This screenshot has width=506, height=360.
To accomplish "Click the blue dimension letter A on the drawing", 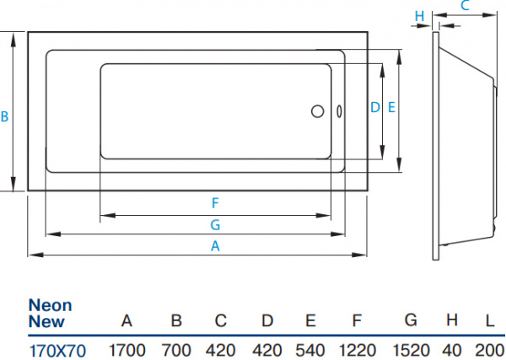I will (x=215, y=247).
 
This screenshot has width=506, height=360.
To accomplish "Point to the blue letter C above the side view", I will (x=464, y=7).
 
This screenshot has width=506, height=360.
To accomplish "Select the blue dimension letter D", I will (x=374, y=107).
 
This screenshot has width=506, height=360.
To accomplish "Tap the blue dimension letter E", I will (x=391, y=107).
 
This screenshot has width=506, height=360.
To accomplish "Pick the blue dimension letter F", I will (x=215, y=203).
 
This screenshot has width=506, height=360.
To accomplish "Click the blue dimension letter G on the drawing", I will (x=215, y=224).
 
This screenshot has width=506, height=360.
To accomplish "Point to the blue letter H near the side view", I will (x=419, y=15).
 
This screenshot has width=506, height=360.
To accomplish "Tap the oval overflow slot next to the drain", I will (x=338, y=111).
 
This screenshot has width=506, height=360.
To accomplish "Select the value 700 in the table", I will (x=176, y=348).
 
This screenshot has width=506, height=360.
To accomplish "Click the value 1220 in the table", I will (x=358, y=348).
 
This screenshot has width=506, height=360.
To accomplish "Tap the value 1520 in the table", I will (x=411, y=348).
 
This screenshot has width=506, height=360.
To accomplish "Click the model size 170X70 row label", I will (x=57, y=348).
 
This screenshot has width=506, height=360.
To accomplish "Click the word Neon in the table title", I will (x=51, y=305).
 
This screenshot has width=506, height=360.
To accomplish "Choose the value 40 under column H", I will (x=452, y=348).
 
